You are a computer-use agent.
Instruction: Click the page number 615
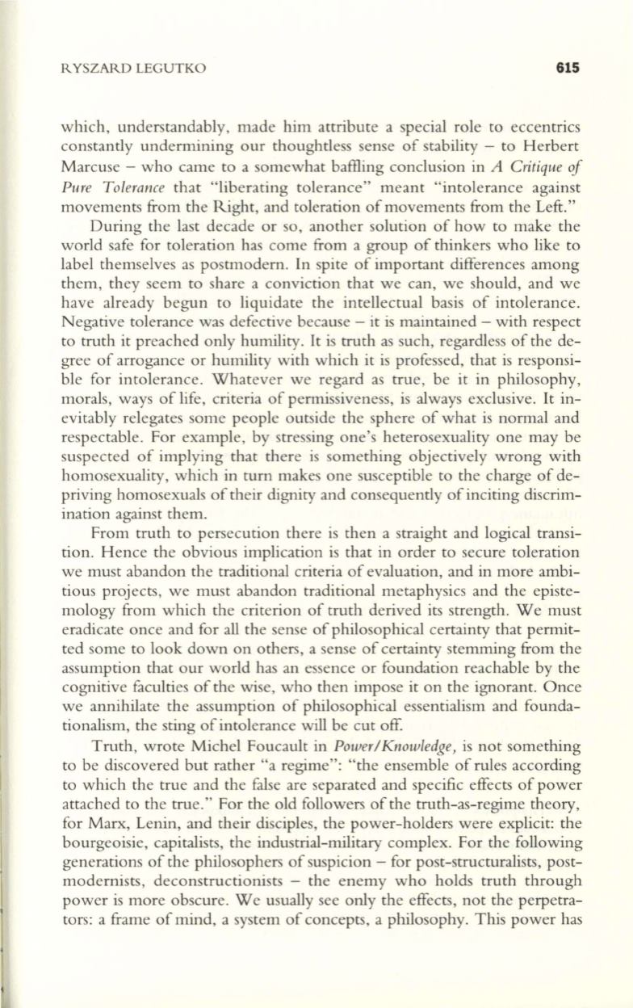[x=568, y=69]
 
